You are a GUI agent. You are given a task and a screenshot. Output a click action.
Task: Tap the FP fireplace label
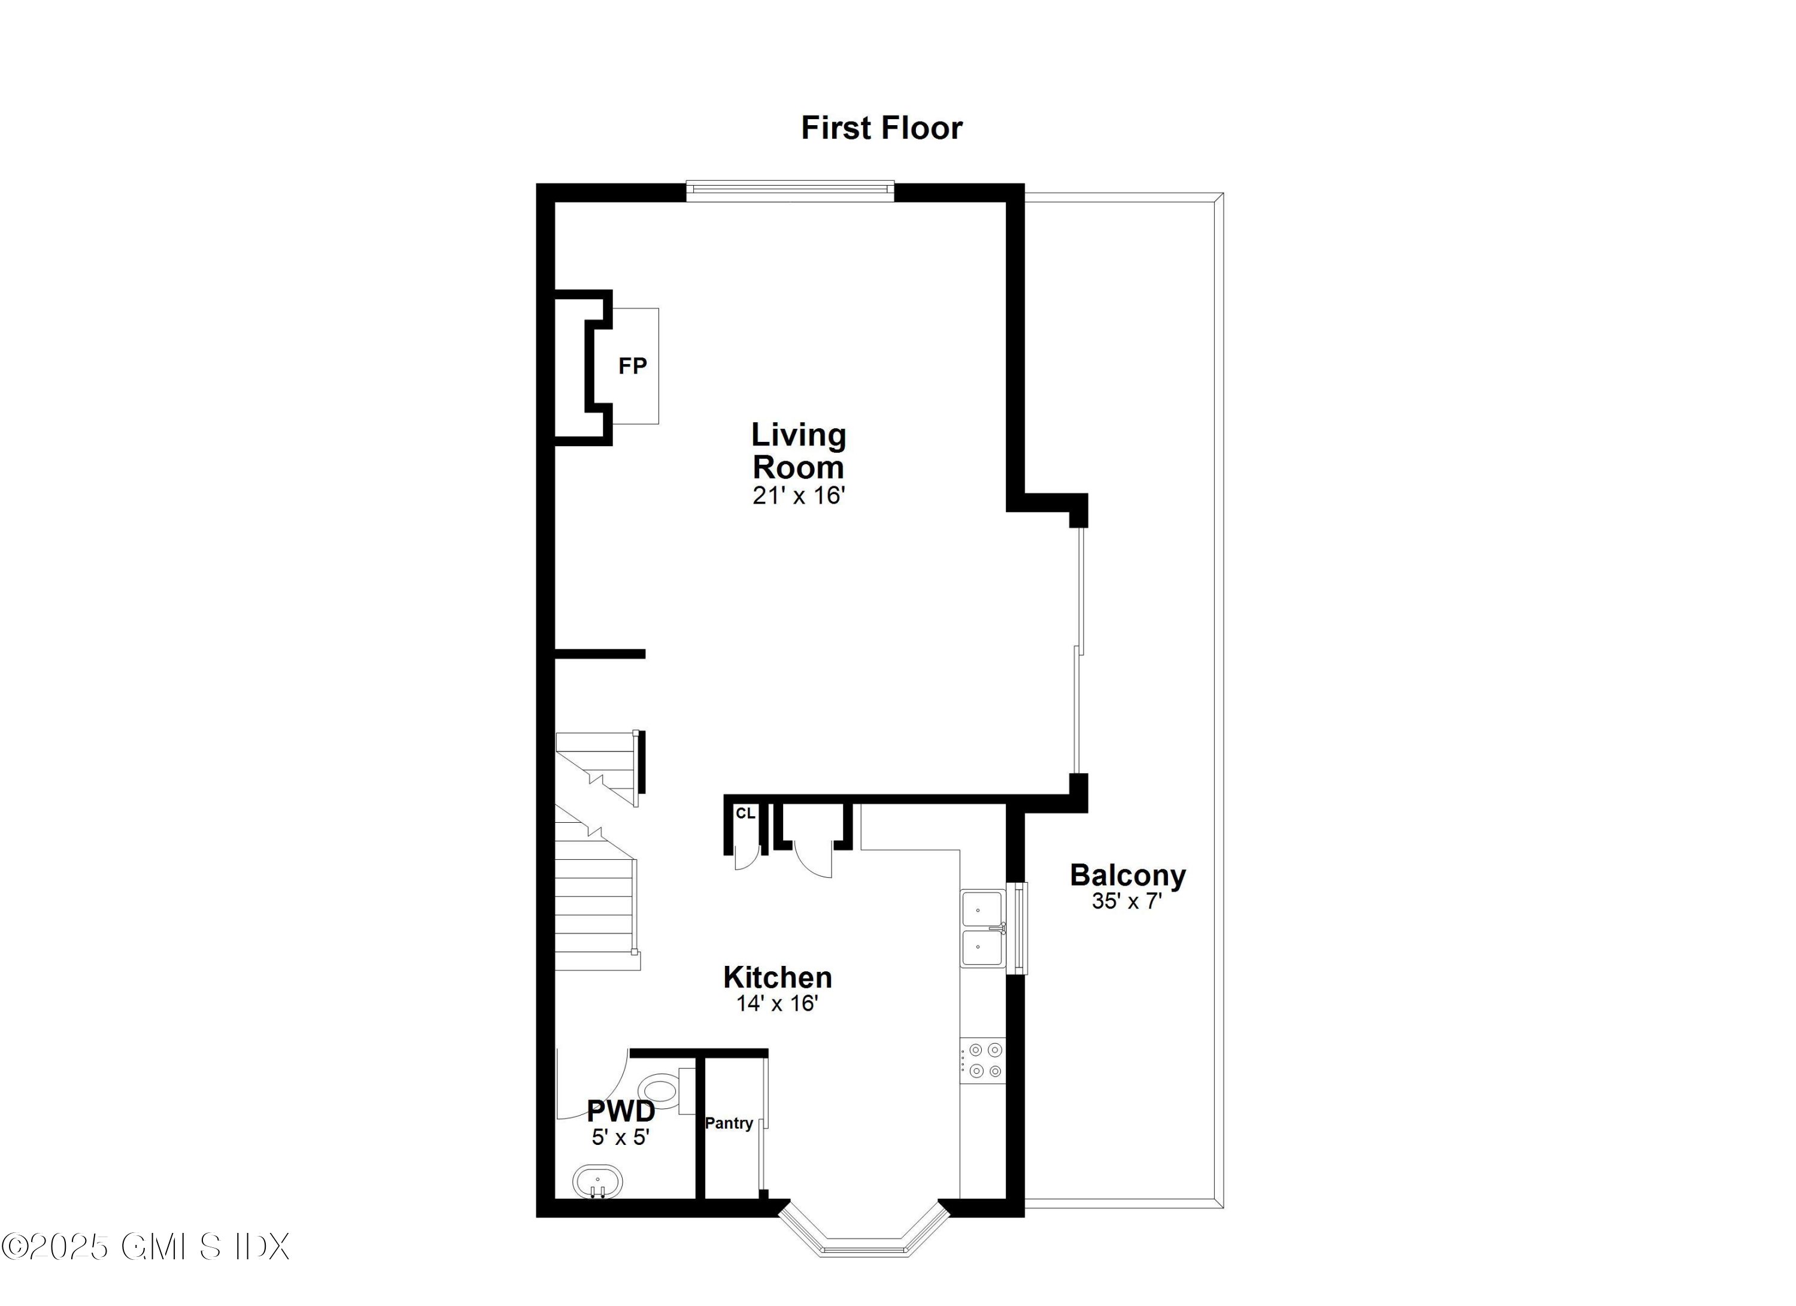[x=632, y=366]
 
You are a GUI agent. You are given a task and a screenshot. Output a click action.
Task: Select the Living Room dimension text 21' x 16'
[x=799, y=496]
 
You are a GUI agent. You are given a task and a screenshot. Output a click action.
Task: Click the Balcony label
[x=1128, y=875]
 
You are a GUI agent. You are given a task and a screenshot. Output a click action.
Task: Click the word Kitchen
[x=777, y=977]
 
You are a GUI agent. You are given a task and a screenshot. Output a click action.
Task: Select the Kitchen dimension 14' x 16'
[x=777, y=1004]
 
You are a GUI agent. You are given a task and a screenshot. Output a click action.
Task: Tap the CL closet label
[x=745, y=813]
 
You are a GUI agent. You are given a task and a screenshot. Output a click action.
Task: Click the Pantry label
[x=729, y=1123]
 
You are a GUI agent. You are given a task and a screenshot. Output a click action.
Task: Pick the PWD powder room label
[x=621, y=1111]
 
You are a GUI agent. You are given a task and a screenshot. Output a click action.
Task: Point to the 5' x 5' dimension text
[x=621, y=1137]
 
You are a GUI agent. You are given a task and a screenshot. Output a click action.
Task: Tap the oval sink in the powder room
[x=598, y=1183]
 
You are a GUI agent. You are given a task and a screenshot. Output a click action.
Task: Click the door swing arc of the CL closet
[x=747, y=859]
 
